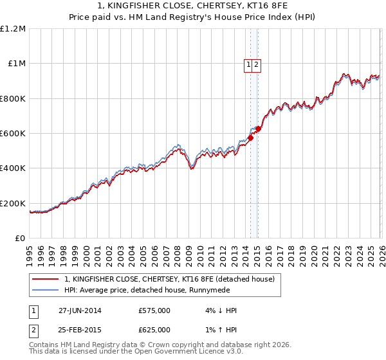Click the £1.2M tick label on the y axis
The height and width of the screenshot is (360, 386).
(14, 28)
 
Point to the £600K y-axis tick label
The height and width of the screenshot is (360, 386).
(13, 134)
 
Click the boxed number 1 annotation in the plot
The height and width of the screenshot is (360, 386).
(248, 64)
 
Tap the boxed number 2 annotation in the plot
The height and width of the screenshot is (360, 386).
(256, 64)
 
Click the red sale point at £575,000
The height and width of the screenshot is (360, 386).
(250, 138)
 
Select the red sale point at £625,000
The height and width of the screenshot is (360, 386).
(258, 129)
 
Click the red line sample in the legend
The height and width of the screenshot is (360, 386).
(46, 279)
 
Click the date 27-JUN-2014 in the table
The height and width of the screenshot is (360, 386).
(80, 310)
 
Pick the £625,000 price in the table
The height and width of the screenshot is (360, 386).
(154, 330)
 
